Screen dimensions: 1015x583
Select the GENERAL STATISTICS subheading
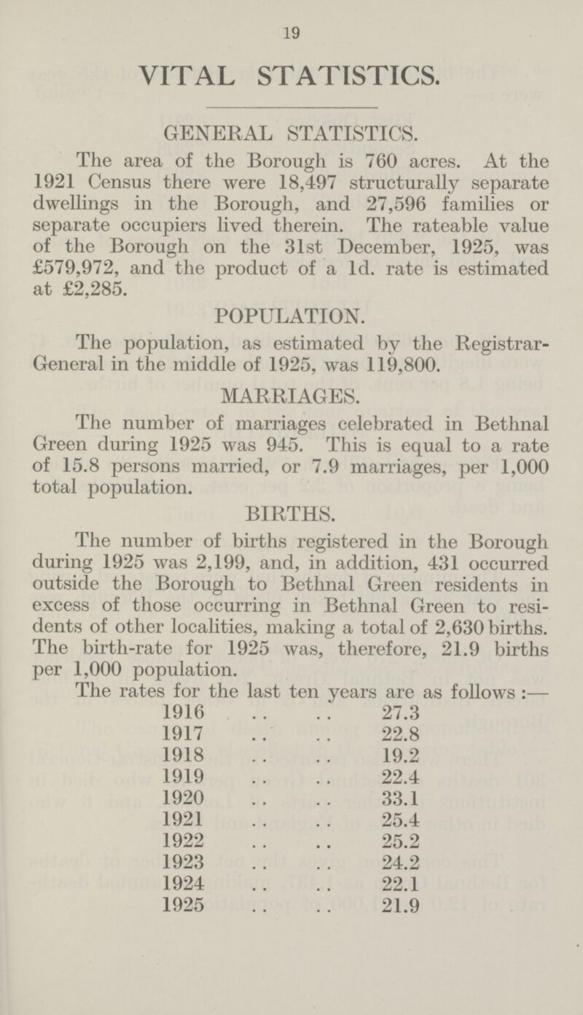coord(291,133)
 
